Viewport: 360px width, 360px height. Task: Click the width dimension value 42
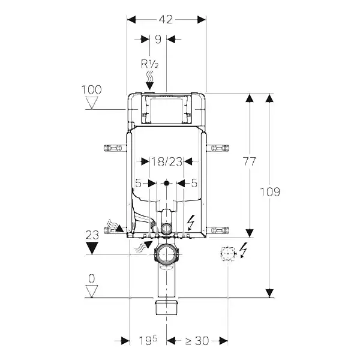166,19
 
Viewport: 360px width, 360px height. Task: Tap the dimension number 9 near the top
158,40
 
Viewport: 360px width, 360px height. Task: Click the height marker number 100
91,89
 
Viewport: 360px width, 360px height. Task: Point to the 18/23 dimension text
166,161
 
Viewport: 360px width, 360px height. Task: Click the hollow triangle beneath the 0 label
92,291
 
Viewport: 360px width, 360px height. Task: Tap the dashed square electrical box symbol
228,254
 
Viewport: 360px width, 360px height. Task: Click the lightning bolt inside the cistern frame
191,222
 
